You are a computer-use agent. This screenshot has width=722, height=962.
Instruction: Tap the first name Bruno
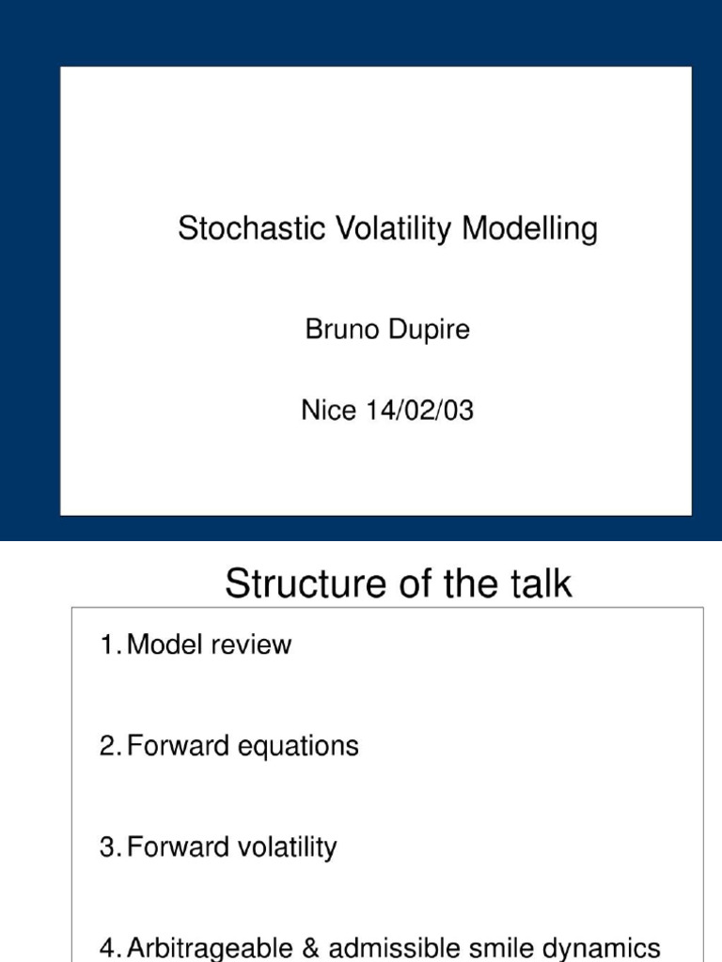pyautogui.click(x=339, y=330)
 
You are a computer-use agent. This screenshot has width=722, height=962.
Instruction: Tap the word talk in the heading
pyautogui.click(x=539, y=584)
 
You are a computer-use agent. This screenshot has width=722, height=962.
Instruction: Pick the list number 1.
pyautogui.click(x=108, y=645)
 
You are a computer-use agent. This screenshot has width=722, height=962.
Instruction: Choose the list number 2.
pyautogui.click(x=108, y=747)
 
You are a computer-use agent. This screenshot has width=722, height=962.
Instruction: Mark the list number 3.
pyautogui.click(x=108, y=848)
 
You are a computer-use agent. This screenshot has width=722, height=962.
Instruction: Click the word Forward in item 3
pyautogui.click(x=172, y=848)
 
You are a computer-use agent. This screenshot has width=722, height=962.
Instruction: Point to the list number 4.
pyautogui.click(x=108, y=948)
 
